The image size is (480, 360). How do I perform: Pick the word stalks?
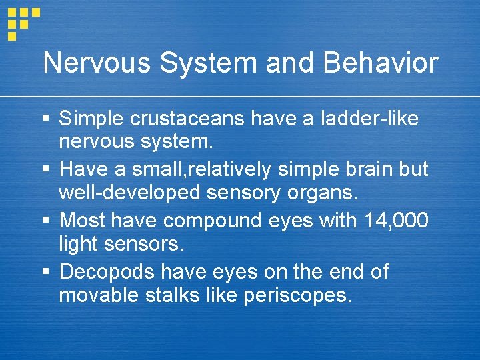point(177,295)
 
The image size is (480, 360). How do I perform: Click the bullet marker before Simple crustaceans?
point(46,119)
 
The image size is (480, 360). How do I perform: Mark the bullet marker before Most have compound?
point(46,221)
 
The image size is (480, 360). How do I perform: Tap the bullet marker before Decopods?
point(46,272)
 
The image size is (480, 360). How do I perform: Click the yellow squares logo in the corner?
point(23,21)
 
